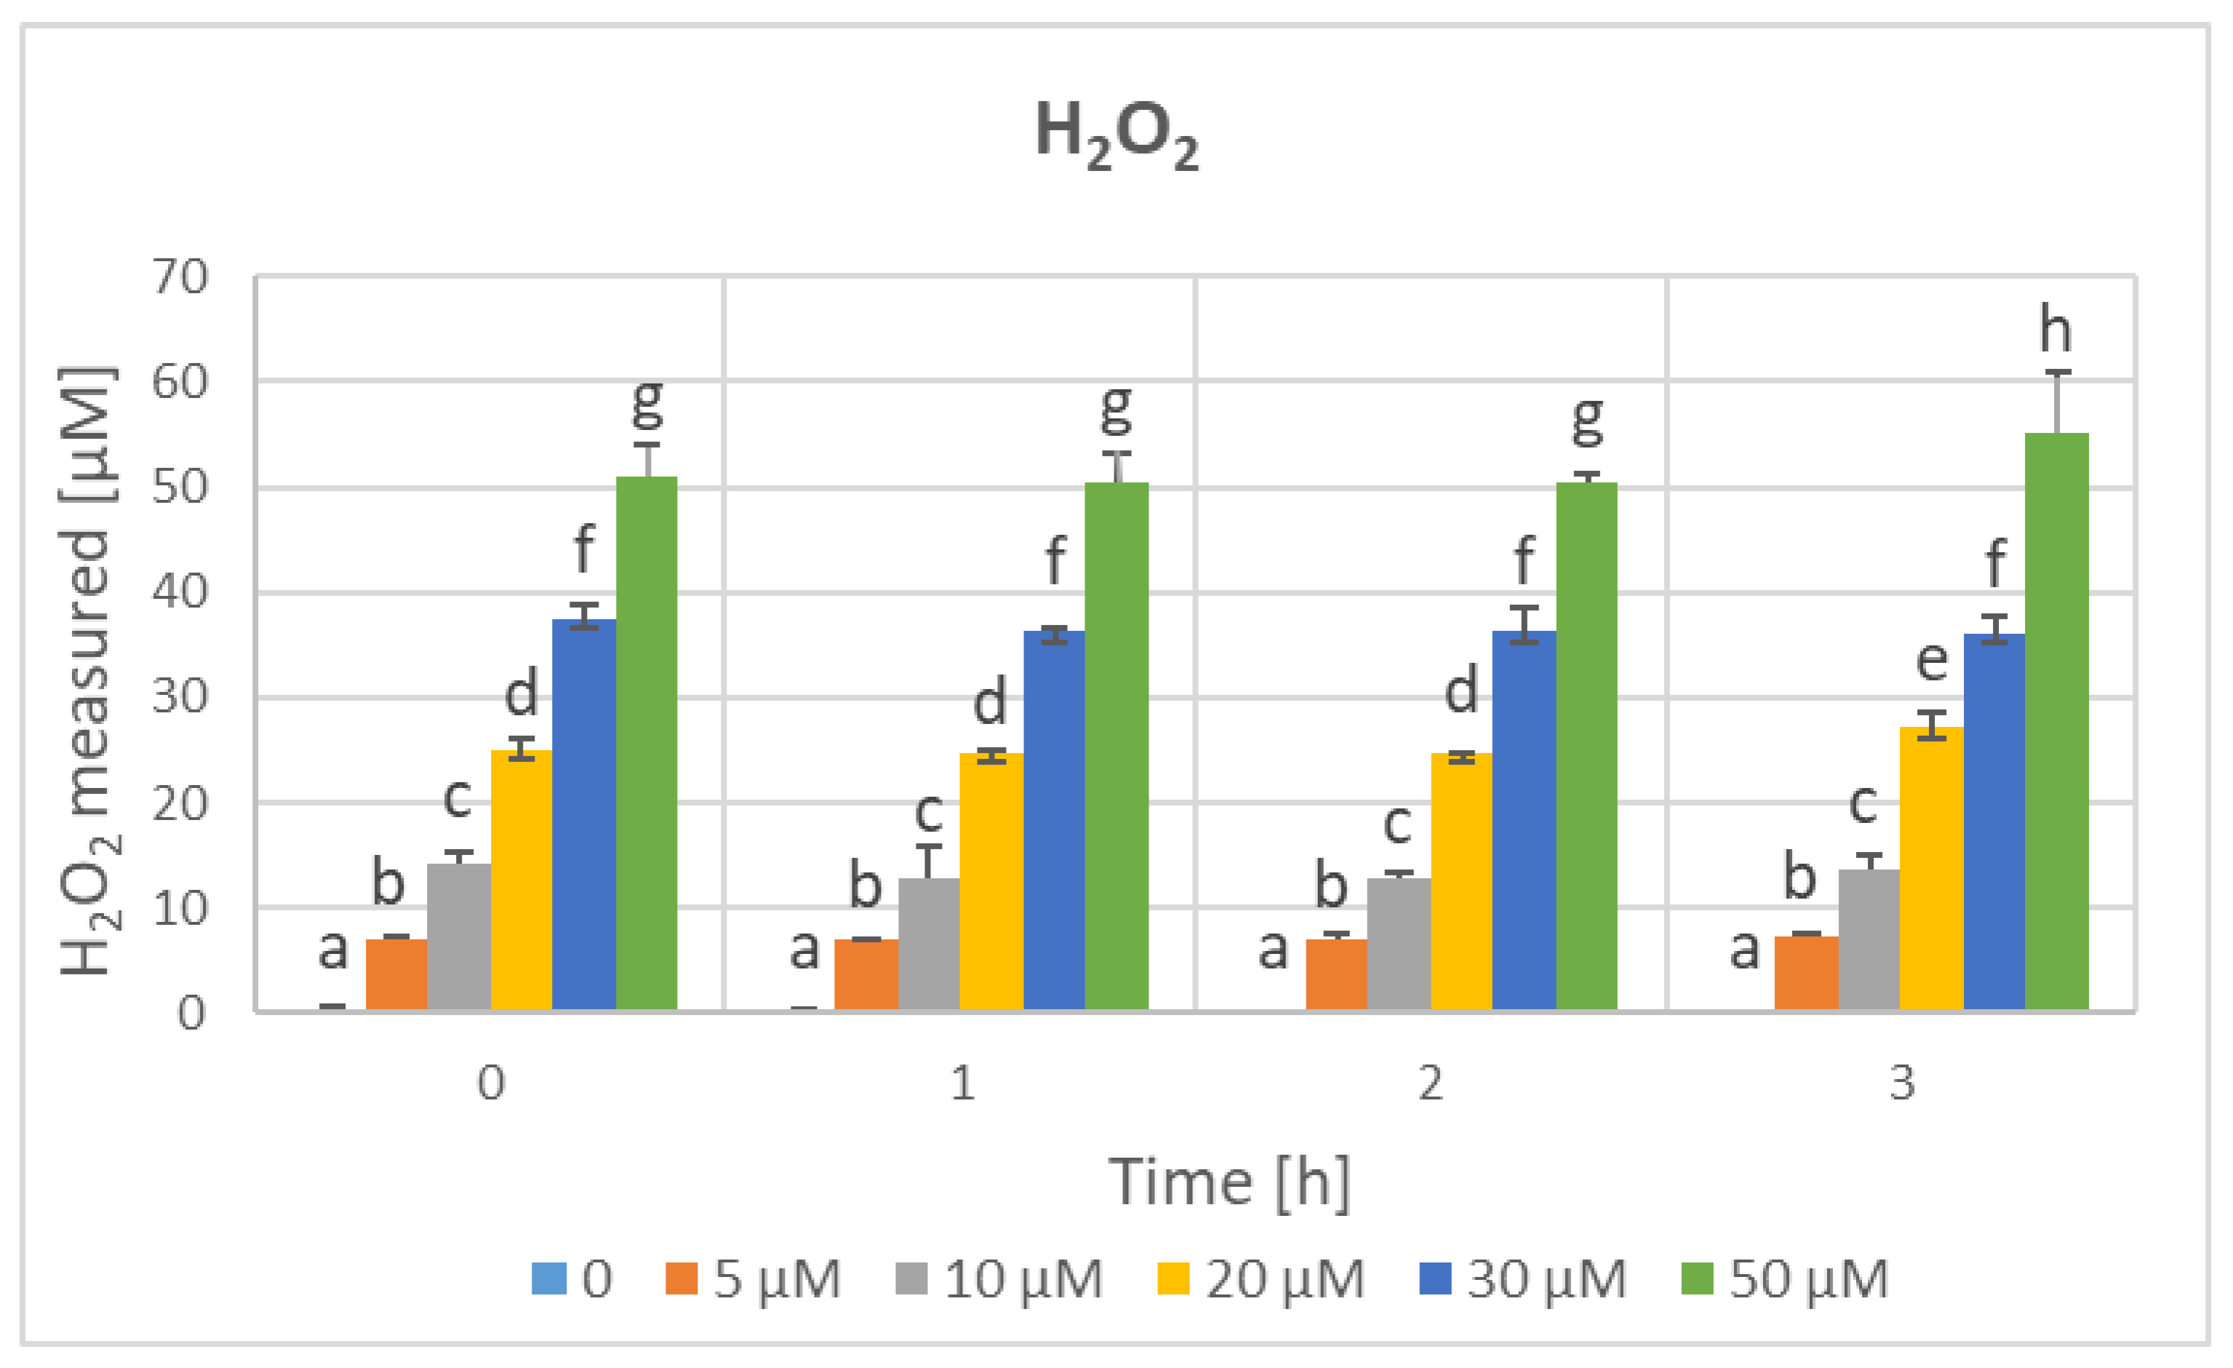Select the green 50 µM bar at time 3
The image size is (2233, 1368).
click(2056, 725)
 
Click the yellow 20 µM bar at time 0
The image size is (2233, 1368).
click(521, 879)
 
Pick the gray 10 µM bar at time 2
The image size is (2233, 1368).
click(1398, 943)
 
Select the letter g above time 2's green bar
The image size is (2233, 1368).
click(1587, 420)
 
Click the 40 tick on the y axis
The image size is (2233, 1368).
click(180, 592)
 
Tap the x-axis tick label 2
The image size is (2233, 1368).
click(1430, 1083)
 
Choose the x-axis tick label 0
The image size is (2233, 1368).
click(491, 1083)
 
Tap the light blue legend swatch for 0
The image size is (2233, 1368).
click(548, 1279)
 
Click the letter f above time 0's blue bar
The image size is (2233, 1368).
click(583, 549)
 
